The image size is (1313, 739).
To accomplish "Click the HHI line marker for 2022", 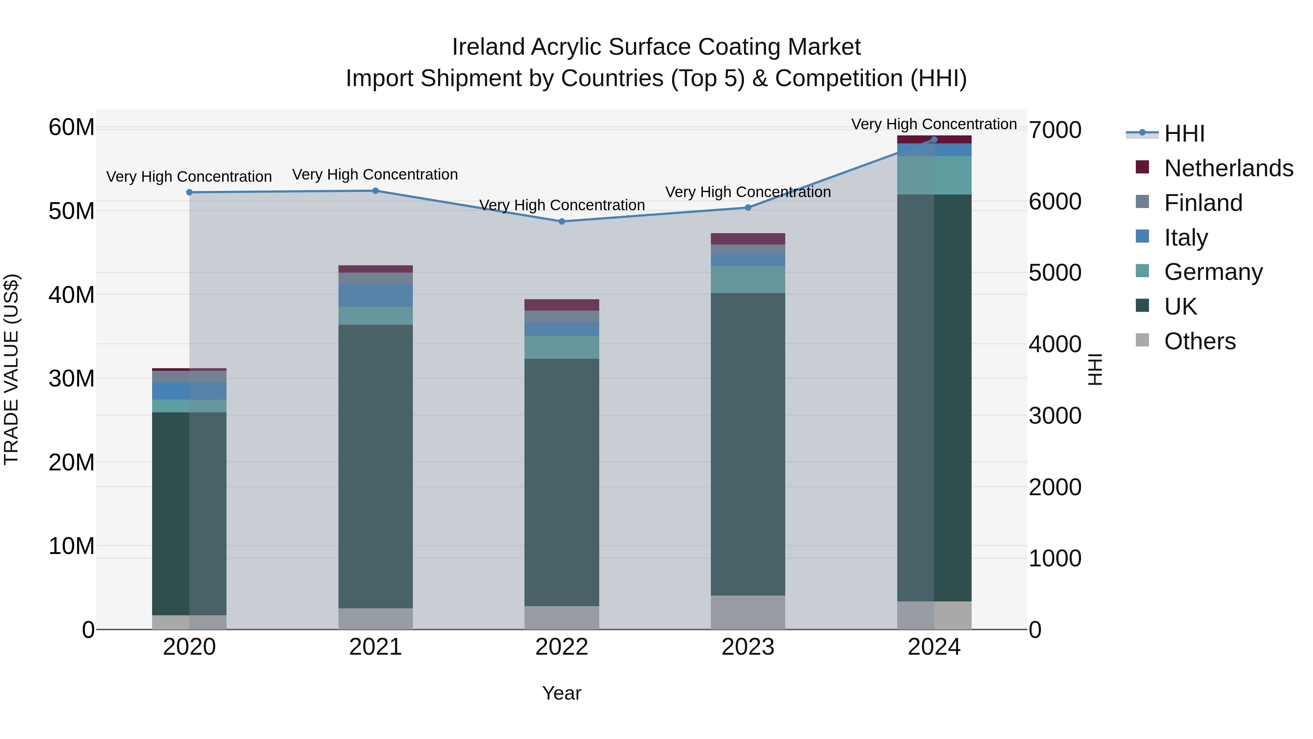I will point(562,222).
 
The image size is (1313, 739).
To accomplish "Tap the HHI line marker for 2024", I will point(934,139).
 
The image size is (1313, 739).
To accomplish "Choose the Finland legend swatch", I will point(1142,202).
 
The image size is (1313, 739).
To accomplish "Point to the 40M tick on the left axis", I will point(71,295).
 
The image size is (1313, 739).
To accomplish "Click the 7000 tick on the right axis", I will point(1054,130).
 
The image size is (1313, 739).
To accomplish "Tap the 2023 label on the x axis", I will point(748,647).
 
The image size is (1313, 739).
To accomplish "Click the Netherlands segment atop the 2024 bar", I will point(934,139).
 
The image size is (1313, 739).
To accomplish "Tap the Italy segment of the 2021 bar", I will point(375,295).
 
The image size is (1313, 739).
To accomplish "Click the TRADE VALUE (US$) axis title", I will point(12,369).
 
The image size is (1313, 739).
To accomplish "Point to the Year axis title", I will point(562,693).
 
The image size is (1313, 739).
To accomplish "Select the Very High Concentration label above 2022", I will point(562,205).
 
